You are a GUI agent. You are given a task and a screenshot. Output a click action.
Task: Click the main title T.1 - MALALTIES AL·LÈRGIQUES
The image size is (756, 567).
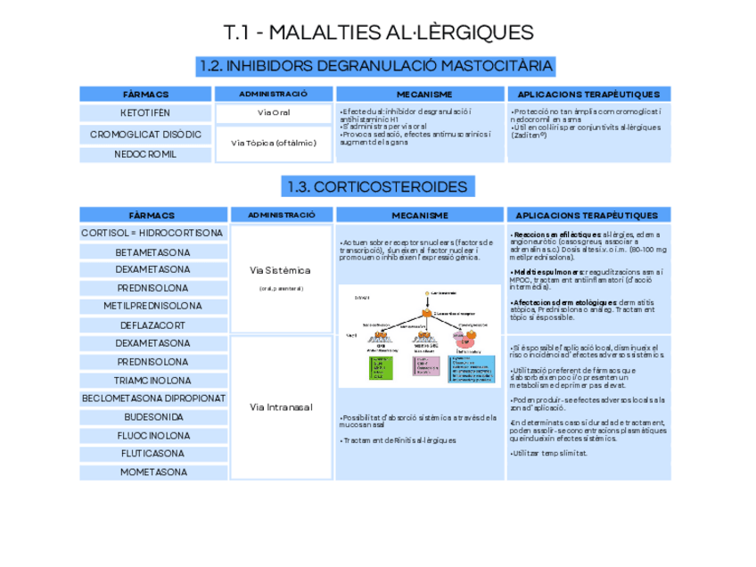click(x=378, y=33)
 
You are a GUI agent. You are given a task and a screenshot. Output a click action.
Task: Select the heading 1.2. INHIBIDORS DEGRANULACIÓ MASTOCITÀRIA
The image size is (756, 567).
click(x=378, y=66)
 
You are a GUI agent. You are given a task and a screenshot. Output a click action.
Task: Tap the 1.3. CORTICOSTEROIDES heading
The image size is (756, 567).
click(x=378, y=186)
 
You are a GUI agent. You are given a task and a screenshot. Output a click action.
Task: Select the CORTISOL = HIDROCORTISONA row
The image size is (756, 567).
click(x=152, y=234)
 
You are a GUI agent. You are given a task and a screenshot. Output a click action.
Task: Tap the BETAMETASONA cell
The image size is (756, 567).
click(x=152, y=252)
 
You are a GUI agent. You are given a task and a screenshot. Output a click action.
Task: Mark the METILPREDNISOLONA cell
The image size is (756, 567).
click(x=152, y=306)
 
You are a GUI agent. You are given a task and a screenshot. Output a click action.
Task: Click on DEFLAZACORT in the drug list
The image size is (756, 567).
click(x=152, y=325)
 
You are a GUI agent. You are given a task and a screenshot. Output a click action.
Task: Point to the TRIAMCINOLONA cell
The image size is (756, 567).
click(x=152, y=379)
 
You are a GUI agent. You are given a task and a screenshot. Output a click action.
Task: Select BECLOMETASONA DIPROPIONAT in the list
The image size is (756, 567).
click(x=152, y=398)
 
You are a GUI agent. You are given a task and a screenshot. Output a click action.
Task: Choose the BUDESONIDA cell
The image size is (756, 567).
click(x=152, y=416)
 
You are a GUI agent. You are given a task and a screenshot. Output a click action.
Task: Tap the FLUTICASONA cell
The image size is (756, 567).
click(x=152, y=453)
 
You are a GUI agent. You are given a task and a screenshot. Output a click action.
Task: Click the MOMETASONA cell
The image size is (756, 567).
click(x=152, y=472)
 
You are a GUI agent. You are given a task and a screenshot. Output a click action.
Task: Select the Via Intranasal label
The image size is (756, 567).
click(x=281, y=407)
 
